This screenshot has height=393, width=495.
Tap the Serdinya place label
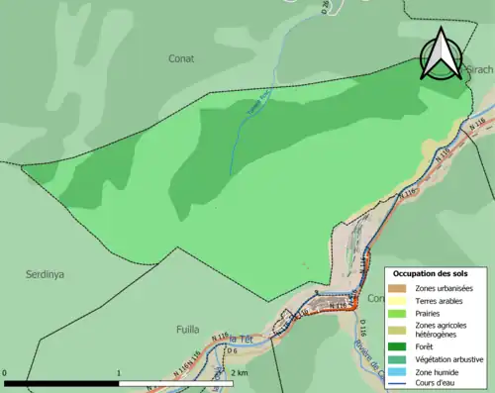coord(45,274)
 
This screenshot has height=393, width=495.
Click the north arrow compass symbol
coord(439,53)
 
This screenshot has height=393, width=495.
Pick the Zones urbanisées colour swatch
coord(398,287)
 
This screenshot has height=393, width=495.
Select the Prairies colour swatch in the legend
coord(398,313)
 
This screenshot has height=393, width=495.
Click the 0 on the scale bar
coord(6,374)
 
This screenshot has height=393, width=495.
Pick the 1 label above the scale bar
coord(120,374)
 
